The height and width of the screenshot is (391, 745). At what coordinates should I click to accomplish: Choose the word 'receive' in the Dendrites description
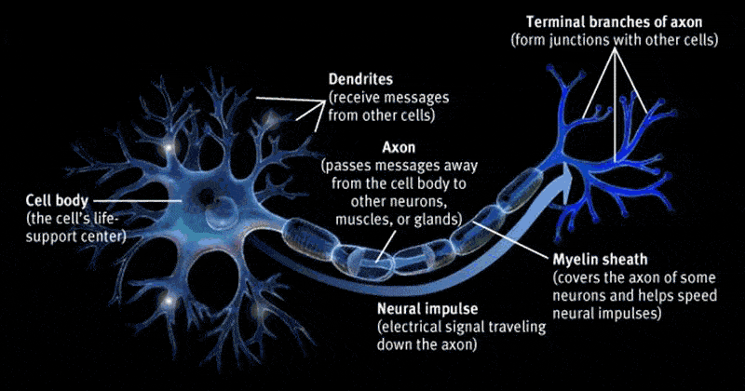(355, 99)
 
